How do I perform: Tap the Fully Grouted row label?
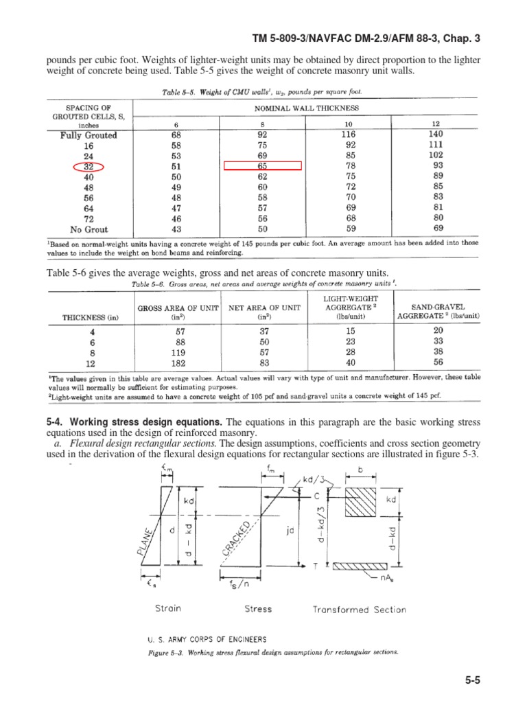pos(89,135)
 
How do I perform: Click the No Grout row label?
pos(89,229)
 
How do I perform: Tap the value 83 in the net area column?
pos(263,363)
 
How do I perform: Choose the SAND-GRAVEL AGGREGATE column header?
pos(438,311)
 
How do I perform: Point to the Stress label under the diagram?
pos(258,609)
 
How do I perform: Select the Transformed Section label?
pos(360,610)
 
